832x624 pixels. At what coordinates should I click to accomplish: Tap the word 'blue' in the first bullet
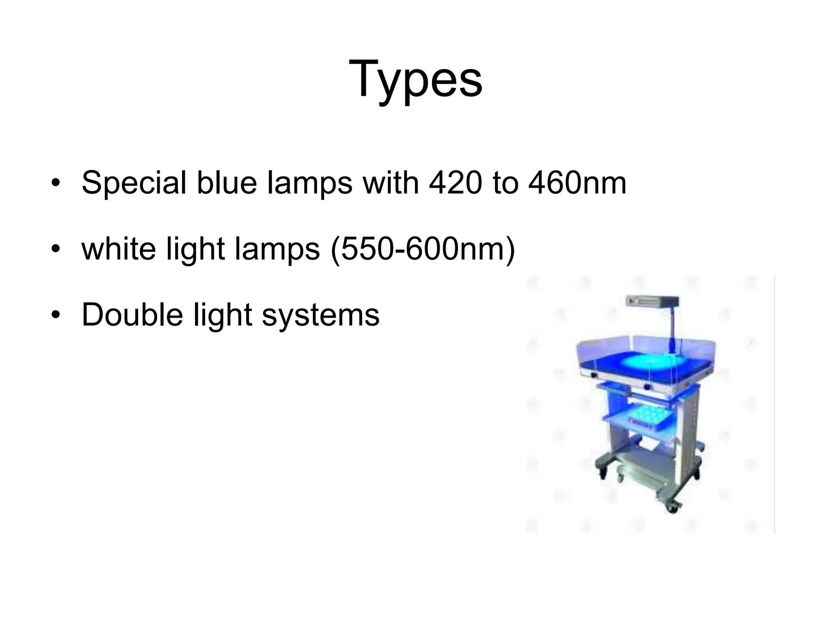(227, 183)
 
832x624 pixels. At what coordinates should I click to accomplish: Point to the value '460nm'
(577, 183)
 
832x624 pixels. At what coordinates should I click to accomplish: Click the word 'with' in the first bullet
(391, 183)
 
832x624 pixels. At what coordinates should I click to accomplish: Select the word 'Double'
(132, 315)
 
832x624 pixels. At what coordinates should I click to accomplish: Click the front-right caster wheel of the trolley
(672, 507)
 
